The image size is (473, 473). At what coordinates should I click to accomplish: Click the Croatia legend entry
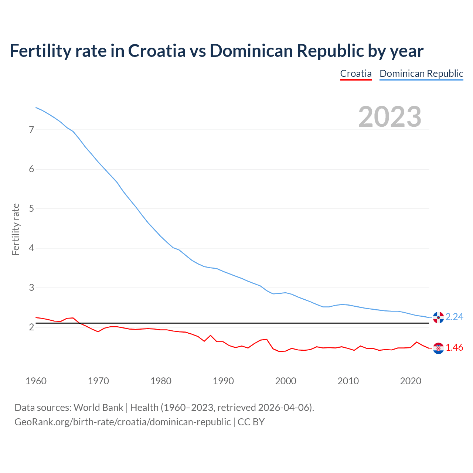pyautogui.click(x=355, y=74)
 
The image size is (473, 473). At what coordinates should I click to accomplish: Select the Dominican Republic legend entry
pyautogui.click(x=421, y=74)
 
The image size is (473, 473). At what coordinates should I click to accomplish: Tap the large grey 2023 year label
pyautogui.click(x=389, y=117)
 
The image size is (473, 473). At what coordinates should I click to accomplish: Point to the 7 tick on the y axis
pyautogui.click(x=31, y=130)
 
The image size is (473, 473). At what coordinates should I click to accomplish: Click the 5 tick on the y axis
pyautogui.click(x=31, y=209)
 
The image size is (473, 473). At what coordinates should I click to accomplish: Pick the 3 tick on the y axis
pyautogui.click(x=31, y=287)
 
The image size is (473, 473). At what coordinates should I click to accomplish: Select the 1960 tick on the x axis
pyautogui.click(x=36, y=381)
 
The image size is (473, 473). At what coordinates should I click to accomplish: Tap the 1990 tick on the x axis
pyautogui.click(x=223, y=381)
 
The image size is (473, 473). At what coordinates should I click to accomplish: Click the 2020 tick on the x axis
pyautogui.click(x=411, y=381)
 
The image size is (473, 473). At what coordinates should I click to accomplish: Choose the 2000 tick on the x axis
pyautogui.click(x=286, y=381)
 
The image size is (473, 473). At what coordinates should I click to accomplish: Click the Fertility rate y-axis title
pyautogui.click(x=16, y=229)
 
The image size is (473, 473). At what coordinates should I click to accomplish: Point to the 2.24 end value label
pyautogui.click(x=454, y=317)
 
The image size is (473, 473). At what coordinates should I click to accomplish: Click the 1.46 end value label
pyautogui.click(x=454, y=348)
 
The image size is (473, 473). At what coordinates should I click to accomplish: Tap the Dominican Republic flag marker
pyautogui.click(x=438, y=317)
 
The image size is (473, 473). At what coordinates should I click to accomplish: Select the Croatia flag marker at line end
pyautogui.click(x=438, y=348)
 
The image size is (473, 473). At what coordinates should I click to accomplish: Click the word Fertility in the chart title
pyautogui.click(x=38, y=51)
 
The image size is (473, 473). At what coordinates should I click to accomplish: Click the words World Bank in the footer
pyautogui.click(x=98, y=408)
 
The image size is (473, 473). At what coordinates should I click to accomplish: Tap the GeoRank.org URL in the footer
pyautogui.click(x=122, y=422)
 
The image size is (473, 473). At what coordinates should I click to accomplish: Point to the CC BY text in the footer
pyautogui.click(x=251, y=422)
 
